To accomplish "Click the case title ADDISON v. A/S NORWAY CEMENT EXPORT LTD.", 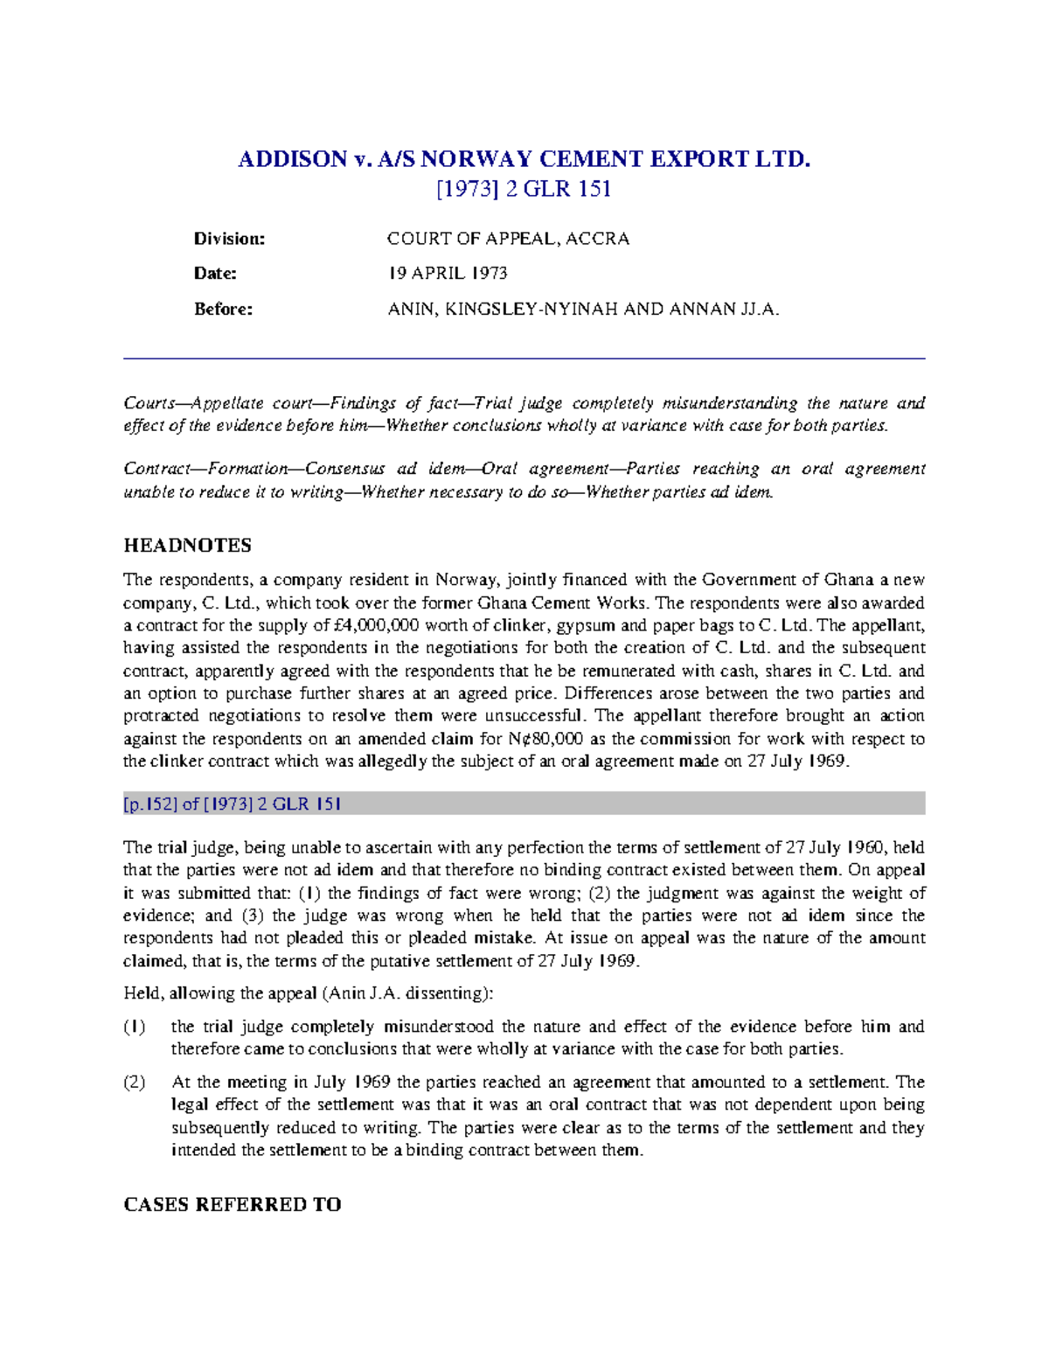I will point(524,159).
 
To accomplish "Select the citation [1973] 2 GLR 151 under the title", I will point(524,189).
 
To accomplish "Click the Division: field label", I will point(229,239).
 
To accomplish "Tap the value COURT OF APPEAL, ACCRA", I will point(508,239).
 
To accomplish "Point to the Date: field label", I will point(215,274).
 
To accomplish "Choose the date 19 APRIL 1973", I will point(448,274).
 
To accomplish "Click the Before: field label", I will point(223,309).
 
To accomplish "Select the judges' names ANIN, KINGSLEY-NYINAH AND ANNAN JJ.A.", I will point(583,309).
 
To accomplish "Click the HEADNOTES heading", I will point(187,546).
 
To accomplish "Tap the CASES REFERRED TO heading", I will point(232,1205).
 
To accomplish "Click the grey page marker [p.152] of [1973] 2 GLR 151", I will point(233,804).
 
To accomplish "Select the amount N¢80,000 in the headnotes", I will point(546,739).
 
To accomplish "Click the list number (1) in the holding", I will point(134,1027).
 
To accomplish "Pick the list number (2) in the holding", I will point(134,1083).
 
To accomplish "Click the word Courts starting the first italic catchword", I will point(149,403).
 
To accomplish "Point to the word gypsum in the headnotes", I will point(593,625).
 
